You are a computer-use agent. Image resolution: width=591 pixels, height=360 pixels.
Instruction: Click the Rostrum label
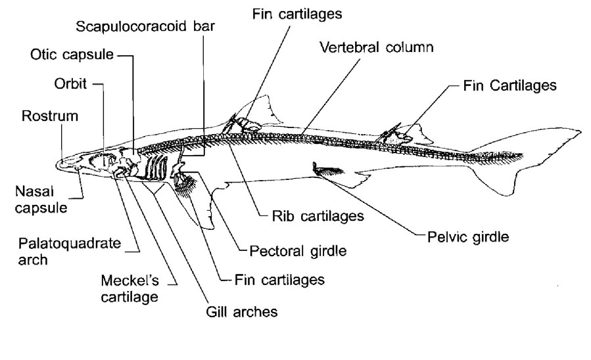(50, 117)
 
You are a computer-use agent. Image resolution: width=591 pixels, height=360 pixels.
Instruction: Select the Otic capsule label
(72, 56)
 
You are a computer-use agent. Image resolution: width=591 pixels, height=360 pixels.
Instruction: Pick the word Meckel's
(128, 282)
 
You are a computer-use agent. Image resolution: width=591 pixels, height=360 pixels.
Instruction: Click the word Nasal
(30, 191)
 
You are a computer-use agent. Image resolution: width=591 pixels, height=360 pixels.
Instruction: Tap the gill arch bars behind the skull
(155, 168)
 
